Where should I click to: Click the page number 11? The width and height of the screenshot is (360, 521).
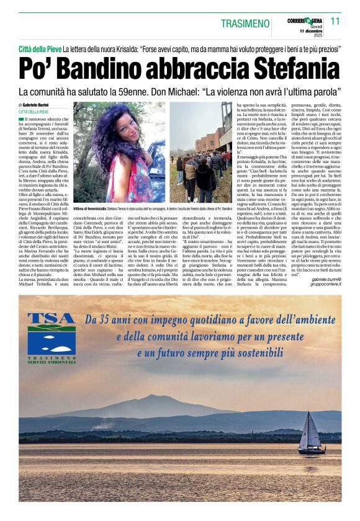335,20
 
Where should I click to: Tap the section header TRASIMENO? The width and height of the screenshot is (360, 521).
248,22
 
